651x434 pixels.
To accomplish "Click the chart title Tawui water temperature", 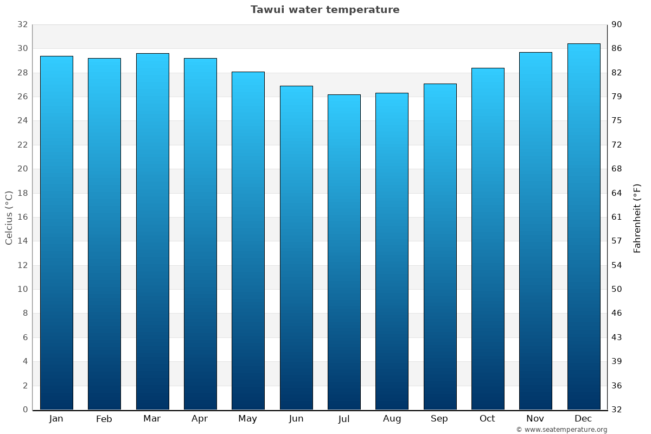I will tap(325, 10).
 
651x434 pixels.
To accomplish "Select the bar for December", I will tap(584, 227).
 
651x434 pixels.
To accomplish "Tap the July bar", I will tap(344, 252).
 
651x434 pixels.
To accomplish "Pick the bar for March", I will tap(152, 232).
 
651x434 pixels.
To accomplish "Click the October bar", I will tap(488, 239).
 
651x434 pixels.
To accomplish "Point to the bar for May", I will tap(248, 241).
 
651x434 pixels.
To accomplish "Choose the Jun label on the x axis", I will tap(296, 419).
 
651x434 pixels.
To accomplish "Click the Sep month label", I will tap(439, 419).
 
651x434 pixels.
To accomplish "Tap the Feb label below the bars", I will tap(104, 419).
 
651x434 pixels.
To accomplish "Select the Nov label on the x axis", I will tap(535, 419).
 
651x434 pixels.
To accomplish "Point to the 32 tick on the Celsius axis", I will tap(22, 24).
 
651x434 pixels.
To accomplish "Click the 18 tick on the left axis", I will tap(22, 193).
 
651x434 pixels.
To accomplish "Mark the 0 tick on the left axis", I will tap(25, 410).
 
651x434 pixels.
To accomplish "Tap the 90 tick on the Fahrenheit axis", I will tap(617, 24).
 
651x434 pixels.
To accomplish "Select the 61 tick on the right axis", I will tap(617, 217).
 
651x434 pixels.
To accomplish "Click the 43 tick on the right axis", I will tap(617, 337).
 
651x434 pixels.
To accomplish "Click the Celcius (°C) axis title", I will tap(9, 217).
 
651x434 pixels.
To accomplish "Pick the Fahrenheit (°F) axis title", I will tap(637, 218).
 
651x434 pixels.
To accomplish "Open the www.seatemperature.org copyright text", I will tap(561, 430).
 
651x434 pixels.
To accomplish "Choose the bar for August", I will tap(392, 251).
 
